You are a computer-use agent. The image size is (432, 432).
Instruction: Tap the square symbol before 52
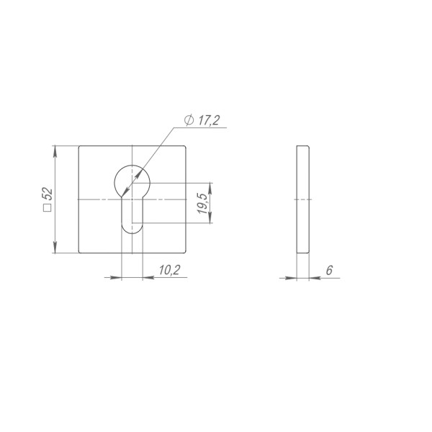(x=48, y=209)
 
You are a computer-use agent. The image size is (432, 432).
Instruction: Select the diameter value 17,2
(x=206, y=121)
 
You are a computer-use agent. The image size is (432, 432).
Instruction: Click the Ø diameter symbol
(x=188, y=121)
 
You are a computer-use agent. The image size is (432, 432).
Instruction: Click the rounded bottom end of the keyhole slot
(x=132, y=229)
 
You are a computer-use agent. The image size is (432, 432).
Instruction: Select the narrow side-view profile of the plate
(x=303, y=199)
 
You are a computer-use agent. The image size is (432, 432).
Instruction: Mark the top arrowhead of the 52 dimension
(x=55, y=150)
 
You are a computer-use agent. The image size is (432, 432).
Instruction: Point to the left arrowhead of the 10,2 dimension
(x=118, y=277)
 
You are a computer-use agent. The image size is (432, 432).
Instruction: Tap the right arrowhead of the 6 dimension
(x=314, y=278)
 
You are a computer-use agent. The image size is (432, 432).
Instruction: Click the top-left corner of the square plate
(x=78, y=146)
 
